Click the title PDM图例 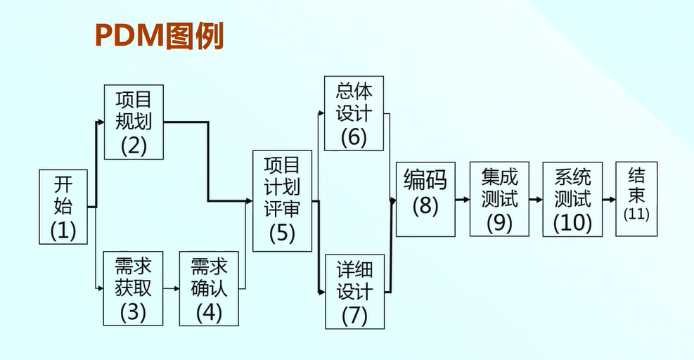pos(159,37)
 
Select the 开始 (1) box pos(64,207)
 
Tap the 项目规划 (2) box pos(134,122)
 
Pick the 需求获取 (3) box pos(133,288)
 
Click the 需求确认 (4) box pos(209,288)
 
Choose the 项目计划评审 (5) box pos(282,200)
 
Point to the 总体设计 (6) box pos(354,113)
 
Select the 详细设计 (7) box pos(354,292)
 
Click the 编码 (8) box pos(425,199)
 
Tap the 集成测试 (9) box pos(499,199)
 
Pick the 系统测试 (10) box pos(572,200)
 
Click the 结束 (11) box pos(636,200)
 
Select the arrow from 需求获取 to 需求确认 pos(171,288)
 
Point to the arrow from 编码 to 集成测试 pos(463,200)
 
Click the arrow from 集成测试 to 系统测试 pos(536,200)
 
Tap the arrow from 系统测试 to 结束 pos(609,200)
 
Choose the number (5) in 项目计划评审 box pos(282,232)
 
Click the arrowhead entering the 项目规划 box pos(101,122)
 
